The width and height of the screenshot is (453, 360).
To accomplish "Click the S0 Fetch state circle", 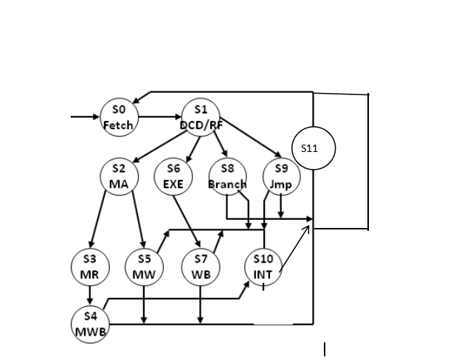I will (x=118, y=117).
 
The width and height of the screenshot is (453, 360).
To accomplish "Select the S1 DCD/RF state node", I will (x=201, y=117).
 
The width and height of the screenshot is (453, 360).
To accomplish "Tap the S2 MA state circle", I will (x=119, y=175).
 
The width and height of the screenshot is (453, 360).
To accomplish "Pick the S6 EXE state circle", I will (x=173, y=175).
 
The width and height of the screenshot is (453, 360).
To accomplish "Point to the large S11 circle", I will (x=314, y=148).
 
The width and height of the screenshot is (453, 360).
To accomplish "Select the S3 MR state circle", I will (x=90, y=266).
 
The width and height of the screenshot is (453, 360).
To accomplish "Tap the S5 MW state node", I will (x=144, y=266).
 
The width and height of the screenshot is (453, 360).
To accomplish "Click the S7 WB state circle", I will (x=200, y=266).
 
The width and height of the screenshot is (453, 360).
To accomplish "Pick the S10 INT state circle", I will (x=263, y=266).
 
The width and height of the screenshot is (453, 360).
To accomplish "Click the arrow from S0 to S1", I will (x=159, y=117).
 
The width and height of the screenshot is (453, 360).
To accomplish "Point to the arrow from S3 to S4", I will (x=90, y=294).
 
